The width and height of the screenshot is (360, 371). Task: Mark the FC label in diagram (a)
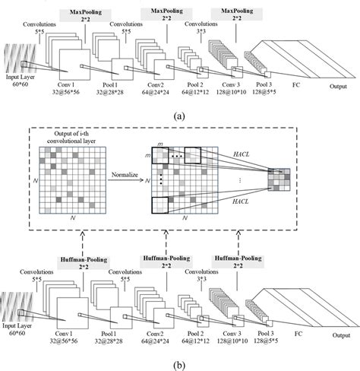click(295, 87)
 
